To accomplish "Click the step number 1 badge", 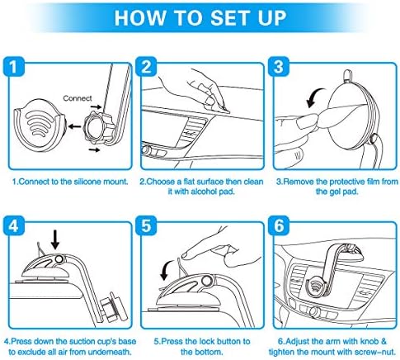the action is (13, 67).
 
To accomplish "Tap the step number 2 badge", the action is (146, 67).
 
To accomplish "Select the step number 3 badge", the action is (279, 67).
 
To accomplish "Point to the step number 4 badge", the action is (13, 226).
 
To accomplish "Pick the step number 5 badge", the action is (146, 226).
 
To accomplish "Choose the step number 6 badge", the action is (279, 226).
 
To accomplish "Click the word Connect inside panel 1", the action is (78, 98).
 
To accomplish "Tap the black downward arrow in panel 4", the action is (55, 239).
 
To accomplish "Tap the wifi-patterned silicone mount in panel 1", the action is (39, 126).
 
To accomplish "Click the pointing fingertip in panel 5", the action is (188, 253).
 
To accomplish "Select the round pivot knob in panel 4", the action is (59, 259).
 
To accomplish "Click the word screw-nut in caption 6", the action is (376, 352).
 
